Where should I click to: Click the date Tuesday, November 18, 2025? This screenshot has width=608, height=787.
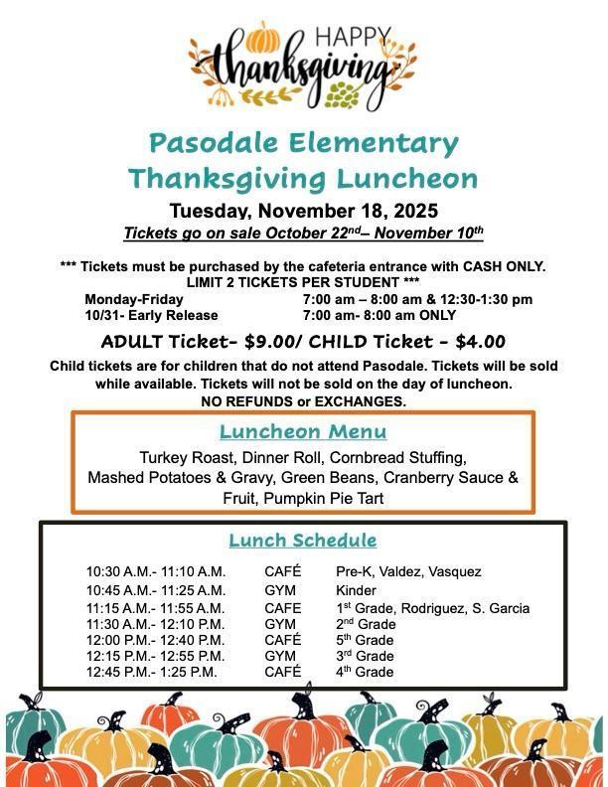[303, 211]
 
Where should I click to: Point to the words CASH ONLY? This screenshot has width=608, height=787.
[501, 266]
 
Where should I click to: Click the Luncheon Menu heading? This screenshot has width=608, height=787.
[303, 432]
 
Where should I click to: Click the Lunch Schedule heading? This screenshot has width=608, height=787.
[303, 541]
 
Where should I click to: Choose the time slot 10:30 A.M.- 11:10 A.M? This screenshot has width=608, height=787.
[156, 571]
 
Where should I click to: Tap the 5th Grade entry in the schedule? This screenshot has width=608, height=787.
[365, 640]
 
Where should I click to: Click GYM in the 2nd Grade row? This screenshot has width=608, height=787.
[280, 624]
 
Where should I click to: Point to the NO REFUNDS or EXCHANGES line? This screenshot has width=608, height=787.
[303, 401]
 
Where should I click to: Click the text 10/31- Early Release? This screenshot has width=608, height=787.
[151, 315]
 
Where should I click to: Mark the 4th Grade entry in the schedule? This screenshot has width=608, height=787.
[365, 672]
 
